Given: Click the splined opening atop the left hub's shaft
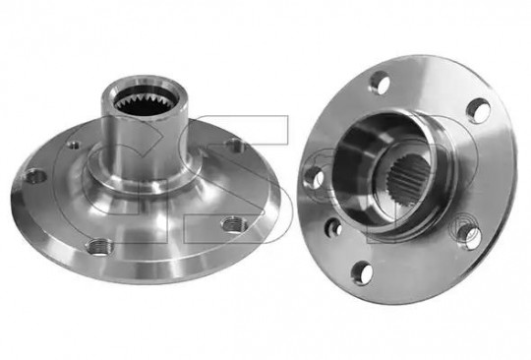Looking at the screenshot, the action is [146, 101].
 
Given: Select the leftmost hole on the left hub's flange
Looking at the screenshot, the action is [36, 177].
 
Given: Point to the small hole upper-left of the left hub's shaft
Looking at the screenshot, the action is [74, 145].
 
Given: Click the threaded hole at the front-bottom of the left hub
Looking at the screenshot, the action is [99, 247].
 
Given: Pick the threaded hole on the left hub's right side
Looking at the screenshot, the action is [233, 223].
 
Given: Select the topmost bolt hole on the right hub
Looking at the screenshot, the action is [380, 83].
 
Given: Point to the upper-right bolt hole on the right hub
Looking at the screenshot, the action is [478, 110].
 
